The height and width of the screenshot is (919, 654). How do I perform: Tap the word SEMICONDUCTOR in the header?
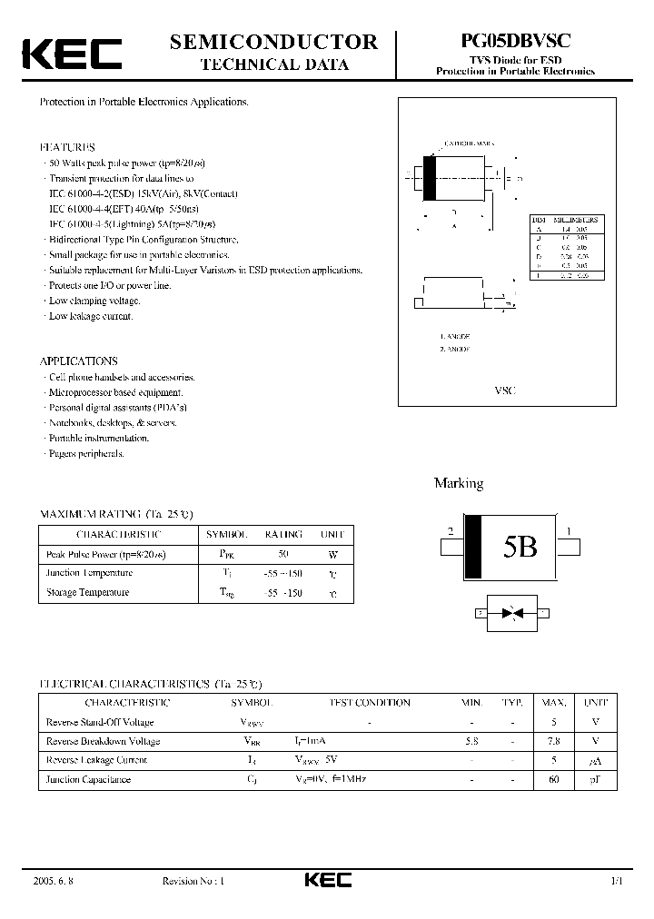[273, 41]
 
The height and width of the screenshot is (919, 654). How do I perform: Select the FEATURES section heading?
[66, 147]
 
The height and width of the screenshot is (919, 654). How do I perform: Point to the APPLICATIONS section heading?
[78, 361]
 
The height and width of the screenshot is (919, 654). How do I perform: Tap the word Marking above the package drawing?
[458, 483]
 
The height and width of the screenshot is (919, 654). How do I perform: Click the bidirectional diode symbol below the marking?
[512, 614]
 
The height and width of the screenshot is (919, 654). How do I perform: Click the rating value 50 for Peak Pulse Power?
[282, 554]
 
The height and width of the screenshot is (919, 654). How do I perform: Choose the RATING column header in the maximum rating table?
[282, 534]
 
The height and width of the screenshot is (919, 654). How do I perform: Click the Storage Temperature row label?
[87, 592]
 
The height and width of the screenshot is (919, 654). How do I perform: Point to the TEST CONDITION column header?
[369, 702]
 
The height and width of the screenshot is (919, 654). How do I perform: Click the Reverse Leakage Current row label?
[95, 760]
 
